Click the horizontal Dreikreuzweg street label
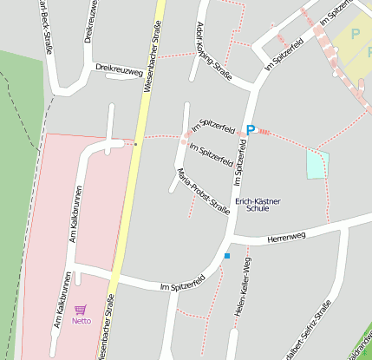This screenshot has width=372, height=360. coord(119,69)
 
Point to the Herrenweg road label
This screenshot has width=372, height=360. coord(287,236)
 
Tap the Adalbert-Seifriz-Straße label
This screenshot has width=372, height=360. coord(309,334)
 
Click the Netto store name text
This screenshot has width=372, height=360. coord(81,320)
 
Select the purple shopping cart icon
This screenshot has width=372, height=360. coord(81,309)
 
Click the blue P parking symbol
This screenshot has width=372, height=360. coord(251,130)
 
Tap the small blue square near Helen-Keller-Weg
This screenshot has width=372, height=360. coord(227,255)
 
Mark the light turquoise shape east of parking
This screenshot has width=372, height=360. coord(318,164)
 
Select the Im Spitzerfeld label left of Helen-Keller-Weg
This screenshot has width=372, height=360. coord(182,284)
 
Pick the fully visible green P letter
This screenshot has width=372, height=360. coord(355,33)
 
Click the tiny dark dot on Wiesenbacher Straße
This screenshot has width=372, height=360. coord(136,144)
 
